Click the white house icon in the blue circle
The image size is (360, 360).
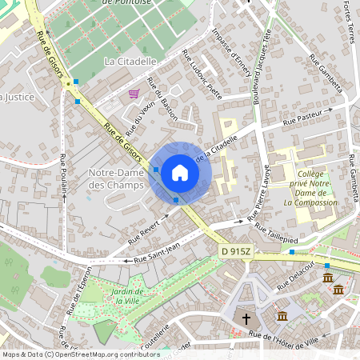coord(179,172)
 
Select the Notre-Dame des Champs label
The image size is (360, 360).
coord(115,179)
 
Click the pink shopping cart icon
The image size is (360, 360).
coord(133,94)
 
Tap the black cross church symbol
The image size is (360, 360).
coord(246,318)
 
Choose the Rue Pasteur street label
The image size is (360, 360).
coord(299,118)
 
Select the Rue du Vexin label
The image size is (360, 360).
coord(144,107)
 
